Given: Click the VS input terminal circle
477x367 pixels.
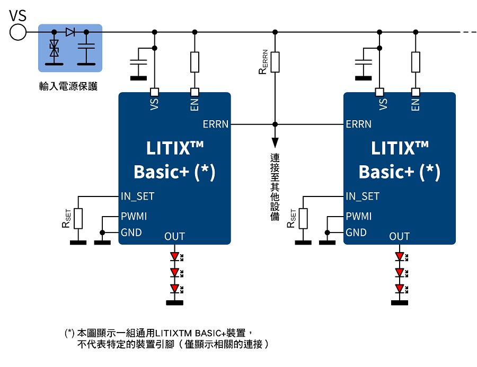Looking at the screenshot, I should coord(17,32).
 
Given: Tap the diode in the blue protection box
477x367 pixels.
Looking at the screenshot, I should coord(70,32).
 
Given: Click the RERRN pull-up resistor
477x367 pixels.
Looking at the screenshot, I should coord(275,62).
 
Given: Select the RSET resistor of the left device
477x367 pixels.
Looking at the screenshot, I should coord(78,218).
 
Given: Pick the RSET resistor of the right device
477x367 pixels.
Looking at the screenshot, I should coord(303,218).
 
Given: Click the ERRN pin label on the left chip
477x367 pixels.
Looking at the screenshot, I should coord(216,124).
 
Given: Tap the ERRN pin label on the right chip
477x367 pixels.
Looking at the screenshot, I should coord(358,124).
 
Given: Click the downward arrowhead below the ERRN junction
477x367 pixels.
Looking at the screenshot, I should coord(275,143).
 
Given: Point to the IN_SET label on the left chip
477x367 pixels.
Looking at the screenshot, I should coord(137,196).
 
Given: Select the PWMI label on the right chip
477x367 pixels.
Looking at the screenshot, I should coord(358,217).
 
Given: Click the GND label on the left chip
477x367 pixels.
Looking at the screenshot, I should coord(131,232).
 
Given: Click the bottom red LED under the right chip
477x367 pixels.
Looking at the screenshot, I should coord(400,289).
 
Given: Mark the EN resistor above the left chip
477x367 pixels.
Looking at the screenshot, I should coord(195,62).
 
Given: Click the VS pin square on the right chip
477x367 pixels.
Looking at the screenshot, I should coord(379,91).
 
